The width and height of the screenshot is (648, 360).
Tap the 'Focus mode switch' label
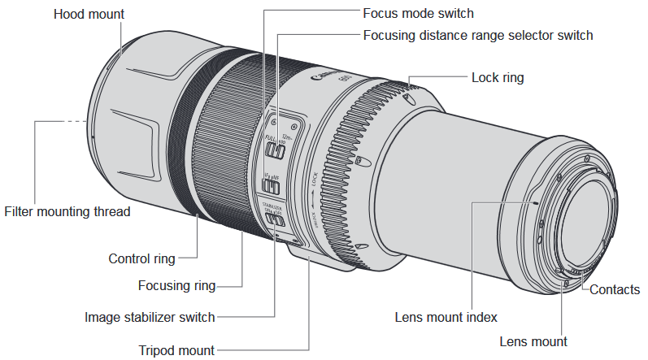tap(418, 14)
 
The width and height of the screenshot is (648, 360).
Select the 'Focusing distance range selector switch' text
tap(478, 35)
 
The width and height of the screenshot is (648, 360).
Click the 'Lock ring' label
tap(498, 78)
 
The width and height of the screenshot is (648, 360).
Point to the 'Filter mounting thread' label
tap(67, 211)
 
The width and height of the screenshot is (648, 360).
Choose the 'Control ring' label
tap(141, 259)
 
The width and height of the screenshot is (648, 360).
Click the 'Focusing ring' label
tap(176, 285)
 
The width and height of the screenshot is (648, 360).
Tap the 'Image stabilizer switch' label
tap(150, 317)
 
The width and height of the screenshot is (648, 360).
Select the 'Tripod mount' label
tap(176, 350)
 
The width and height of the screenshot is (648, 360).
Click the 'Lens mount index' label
tap(446, 317)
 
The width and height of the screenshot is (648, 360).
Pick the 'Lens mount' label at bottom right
tap(533, 341)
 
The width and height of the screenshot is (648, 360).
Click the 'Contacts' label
tap(615, 289)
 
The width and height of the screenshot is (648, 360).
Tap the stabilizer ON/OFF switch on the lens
tap(277, 218)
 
